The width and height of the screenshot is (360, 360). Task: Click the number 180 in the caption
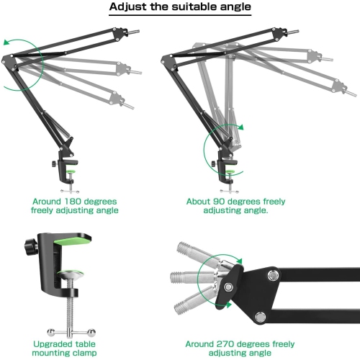[x=73, y=202]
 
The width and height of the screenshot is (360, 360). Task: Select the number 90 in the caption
[x=220, y=202]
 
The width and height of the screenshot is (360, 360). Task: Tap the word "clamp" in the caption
[x=84, y=353]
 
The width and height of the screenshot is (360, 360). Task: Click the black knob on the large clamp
[x=30, y=246]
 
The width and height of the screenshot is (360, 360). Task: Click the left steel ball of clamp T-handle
[x=51, y=332]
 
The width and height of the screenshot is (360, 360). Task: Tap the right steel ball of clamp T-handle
[x=91, y=333]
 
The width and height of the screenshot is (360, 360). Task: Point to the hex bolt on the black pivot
[x=228, y=287]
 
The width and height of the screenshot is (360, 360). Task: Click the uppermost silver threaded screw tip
[x=183, y=248]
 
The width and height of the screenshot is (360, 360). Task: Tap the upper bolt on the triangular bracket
[x=272, y=275]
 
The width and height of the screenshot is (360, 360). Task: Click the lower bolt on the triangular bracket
[x=261, y=317]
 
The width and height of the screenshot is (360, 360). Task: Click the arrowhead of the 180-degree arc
[x=6, y=42]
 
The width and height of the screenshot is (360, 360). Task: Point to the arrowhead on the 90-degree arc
[x=240, y=127]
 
